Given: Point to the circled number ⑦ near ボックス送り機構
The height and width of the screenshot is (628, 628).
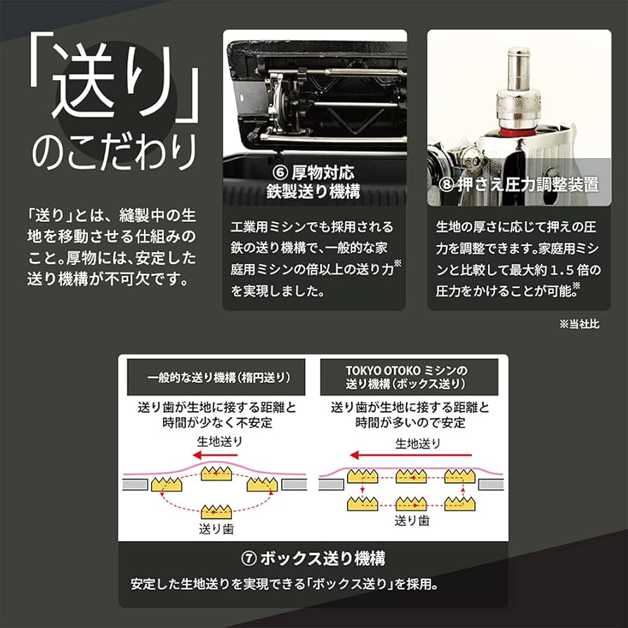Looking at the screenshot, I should pos(249,558).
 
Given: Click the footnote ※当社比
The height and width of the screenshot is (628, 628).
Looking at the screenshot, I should pos(580,325).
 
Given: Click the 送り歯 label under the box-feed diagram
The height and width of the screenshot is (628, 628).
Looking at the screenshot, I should pos(412,521).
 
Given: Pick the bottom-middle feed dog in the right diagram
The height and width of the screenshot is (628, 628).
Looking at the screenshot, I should pos(412,502).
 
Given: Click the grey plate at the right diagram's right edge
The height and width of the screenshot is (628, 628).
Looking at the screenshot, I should pos(491,485).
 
